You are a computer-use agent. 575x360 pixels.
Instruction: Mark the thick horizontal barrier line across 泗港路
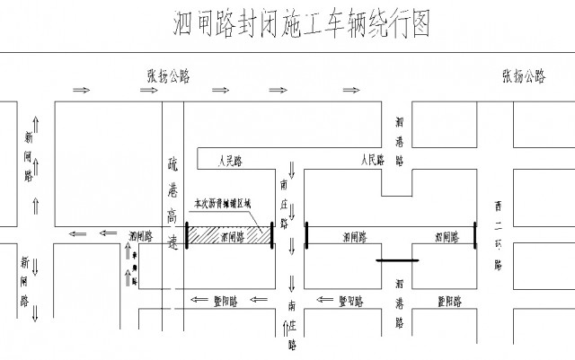(397, 261)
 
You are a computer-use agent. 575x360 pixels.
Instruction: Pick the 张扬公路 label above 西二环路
(517, 75)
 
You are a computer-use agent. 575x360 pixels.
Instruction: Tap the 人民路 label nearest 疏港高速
(232, 162)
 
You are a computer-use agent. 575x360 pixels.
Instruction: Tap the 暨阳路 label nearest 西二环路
(449, 301)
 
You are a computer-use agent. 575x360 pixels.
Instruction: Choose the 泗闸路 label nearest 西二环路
(447, 238)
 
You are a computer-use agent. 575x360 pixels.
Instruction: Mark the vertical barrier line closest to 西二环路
(475, 237)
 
